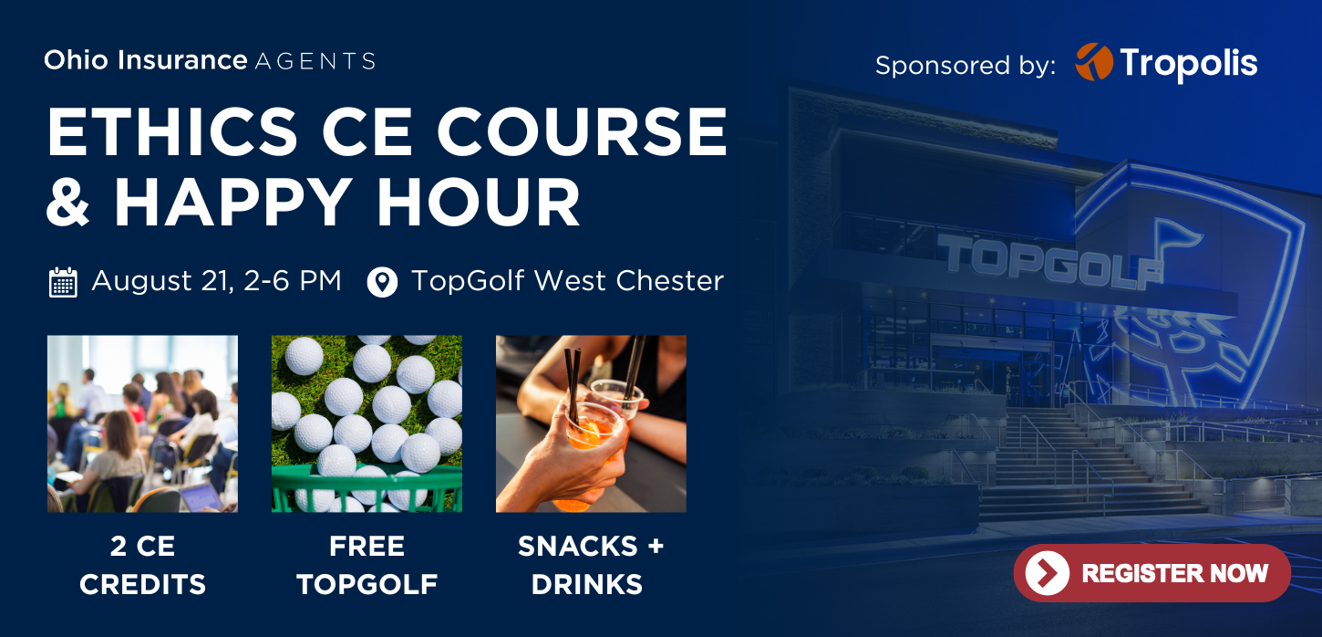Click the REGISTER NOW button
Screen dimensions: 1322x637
pyautogui.click(x=1152, y=572)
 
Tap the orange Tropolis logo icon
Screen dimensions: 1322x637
pyautogui.click(x=1093, y=61)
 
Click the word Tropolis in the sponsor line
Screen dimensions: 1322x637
pyautogui.click(x=1189, y=64)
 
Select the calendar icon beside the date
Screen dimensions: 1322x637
pyautogui.click(x=63, y=282)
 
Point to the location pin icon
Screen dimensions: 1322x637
pyautogui.click(x=382, y=282)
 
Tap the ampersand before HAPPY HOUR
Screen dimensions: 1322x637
pyautogui.click(x=67, y=202)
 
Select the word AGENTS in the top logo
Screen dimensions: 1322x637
pyautogui.click(x=315, y=61)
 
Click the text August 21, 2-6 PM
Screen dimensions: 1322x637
pyautogui.click(x=217, y=281)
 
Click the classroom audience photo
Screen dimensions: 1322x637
pyautogui.click(x=143, y=423)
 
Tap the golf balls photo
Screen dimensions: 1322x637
pyautogui.click(x=367, y=423)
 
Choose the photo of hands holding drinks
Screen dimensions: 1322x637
pyautogui.click(x=591, y=423)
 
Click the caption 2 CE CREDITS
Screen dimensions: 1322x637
pyautogui.click(x=143, y=565)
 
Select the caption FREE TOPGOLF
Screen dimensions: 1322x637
pyautogui.click(x=367, y=565)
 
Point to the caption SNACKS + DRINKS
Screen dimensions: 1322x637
pyautogui.click(x=591, y=565)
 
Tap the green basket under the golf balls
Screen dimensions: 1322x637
pyautogui.click(x=367, y=488)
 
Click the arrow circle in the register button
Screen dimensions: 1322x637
pyautogui.click(x=1047, y=572)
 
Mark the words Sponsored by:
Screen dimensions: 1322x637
pyautogui.click(x=966, y=65)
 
